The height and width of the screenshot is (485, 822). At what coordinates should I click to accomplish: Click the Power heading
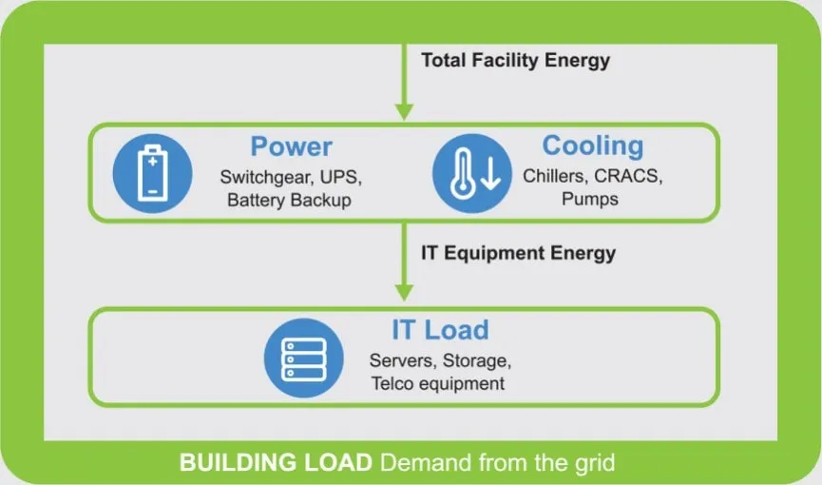[291, 147]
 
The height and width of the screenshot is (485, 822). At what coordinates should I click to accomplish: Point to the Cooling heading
[592, 146]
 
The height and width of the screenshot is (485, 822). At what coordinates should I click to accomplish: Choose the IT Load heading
[440, 330]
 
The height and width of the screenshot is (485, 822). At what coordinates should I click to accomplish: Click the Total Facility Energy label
[515, 60]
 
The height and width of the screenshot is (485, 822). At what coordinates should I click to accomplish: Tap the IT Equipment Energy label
[518, 253]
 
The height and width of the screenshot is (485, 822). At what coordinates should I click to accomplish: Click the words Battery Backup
[289, 200]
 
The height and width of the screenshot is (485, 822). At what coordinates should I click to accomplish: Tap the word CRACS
[628, 176]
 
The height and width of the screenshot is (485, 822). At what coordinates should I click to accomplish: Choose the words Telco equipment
[437, 383]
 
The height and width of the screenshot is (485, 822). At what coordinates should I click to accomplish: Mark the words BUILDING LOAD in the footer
[276, 464]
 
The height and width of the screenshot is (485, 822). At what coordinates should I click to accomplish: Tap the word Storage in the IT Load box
[480, 361]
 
